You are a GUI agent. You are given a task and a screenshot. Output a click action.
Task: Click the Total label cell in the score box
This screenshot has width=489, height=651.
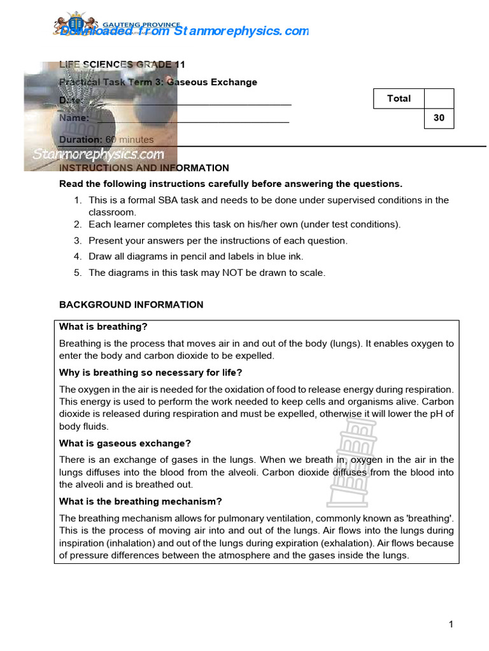tap(399, 99)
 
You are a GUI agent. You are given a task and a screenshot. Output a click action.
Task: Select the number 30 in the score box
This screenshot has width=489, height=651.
tap(439, 118)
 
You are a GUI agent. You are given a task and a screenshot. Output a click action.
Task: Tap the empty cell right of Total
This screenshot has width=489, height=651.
tap(439, 99)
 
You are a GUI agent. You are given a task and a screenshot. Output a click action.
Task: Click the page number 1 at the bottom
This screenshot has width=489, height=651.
tap(451, 624)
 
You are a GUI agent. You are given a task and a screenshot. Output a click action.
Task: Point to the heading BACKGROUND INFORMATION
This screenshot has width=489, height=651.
tap(131, 305)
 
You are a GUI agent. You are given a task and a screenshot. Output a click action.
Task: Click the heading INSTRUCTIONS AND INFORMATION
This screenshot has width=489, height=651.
tap(144, 168)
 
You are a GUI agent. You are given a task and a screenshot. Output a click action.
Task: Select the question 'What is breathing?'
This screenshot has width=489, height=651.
tap(103, 327)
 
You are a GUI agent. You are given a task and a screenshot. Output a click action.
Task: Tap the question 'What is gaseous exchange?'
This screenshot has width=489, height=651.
tap(125, 443)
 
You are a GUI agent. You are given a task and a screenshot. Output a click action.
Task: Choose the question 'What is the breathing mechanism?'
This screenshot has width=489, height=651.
tap(140, 501)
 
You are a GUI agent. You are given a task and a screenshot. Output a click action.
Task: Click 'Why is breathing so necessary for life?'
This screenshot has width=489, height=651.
tap(151, 372)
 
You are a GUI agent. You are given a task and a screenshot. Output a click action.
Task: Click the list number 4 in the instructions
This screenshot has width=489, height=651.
tap(77, 257)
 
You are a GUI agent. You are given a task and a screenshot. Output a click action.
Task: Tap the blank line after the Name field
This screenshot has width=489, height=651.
tap(191, 121)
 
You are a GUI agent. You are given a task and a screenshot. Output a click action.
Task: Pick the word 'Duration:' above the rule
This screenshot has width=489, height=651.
tap(80, 140)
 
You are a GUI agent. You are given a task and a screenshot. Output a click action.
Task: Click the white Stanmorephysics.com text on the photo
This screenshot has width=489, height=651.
tap(98, 154)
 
